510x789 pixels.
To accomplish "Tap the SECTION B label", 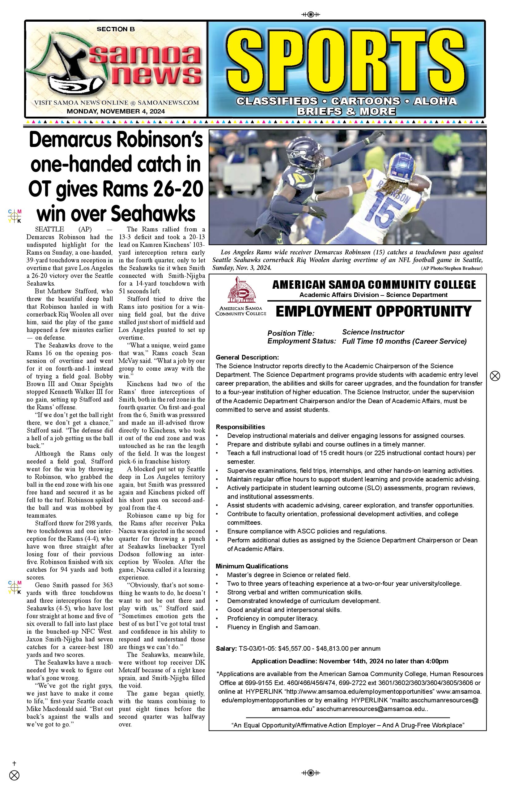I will tap(116, 29).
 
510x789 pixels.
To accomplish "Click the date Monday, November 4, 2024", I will tap(116, 111).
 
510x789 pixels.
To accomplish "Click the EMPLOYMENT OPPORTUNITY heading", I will tap(374, 312).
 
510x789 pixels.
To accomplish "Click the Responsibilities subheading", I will tap(240, 427).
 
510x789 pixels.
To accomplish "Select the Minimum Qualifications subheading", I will tap(252, 566).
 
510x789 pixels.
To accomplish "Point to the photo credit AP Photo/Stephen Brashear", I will tap(452, 268).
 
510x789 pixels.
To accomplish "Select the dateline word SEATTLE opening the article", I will tap(49, 229).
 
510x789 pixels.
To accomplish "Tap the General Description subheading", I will tap(247, 357).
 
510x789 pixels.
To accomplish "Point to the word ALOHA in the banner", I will tap(435, 101).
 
